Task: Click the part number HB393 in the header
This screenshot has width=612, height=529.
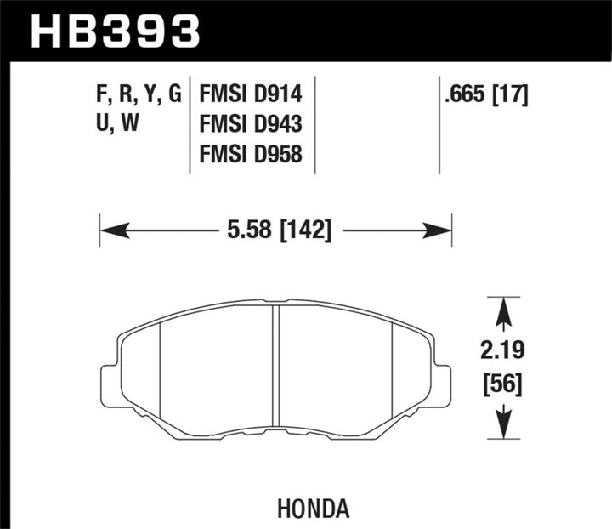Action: coord(116,31)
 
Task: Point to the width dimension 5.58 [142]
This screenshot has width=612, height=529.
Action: coord(275,230)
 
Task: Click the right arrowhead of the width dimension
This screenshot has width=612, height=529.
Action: coord(439,230)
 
